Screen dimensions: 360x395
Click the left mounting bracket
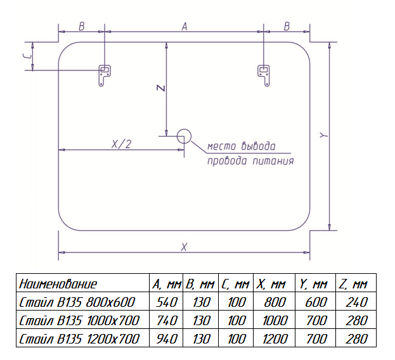[103, 75]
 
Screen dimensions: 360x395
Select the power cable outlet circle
[184, 135]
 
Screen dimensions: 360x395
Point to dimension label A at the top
[184, 27]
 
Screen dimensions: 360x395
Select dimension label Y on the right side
[323, 135]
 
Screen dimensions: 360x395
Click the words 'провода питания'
[250, 161]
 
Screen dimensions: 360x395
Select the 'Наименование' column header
[58, 283]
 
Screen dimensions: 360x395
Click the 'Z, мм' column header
[353, 283]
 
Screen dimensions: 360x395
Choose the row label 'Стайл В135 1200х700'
[79, 338]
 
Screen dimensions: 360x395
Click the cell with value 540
[166, 302]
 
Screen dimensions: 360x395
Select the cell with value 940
[166, 338]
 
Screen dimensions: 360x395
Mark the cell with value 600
[314, 302]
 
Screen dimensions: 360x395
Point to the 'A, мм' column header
[167, 283]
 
